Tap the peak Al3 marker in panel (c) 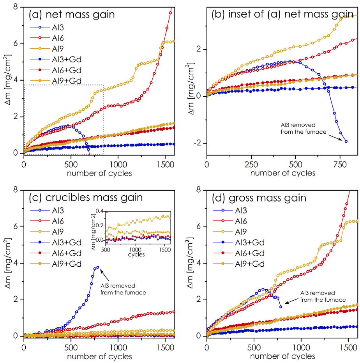click(x=97, y=267)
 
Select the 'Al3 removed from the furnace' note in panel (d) click(x=323, y=296)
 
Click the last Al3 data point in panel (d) click(x=281, y=307)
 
